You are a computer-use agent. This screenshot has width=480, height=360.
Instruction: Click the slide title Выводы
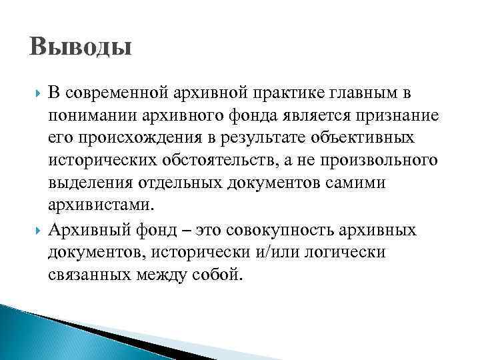point(81,49)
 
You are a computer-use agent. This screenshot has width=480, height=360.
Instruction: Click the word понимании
point(91,116)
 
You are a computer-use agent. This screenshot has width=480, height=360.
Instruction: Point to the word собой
point(211,275)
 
